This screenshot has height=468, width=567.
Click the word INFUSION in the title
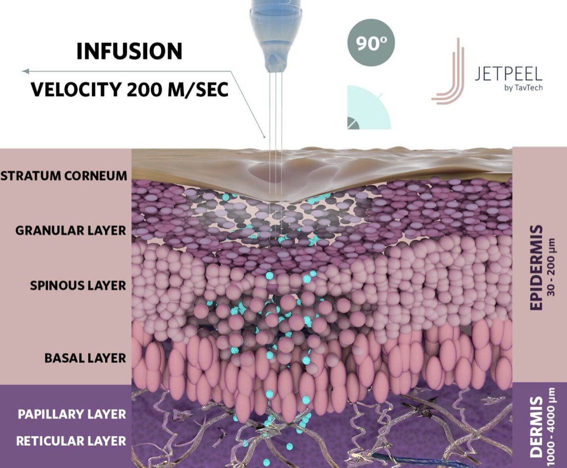coord(129,51)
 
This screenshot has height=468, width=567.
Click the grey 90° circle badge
coord(371,43)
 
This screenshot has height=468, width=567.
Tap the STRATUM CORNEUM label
coord(64,176)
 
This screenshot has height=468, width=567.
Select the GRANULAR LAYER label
coord(71,231)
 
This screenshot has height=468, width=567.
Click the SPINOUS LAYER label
coord(78,286)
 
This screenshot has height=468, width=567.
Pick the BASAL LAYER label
coord(85,358)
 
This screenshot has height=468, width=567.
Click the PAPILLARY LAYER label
coord(72,414)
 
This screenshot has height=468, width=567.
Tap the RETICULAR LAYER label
coord(71,441)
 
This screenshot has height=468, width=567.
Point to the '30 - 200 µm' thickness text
coord(551,267)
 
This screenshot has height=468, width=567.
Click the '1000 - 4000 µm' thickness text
coord(551,427)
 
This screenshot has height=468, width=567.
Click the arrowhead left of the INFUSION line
coord(25,71)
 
